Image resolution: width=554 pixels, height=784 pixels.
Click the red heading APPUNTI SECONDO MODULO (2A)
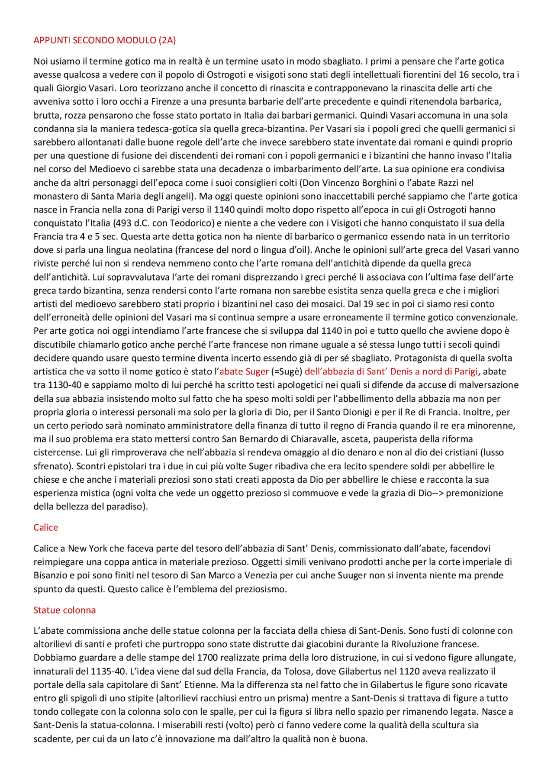[105, 40]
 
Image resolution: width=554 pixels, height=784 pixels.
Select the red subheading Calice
[45, 527]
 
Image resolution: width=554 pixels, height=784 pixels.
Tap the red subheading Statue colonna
[64, 610]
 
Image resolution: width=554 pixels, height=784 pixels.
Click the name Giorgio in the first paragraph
[71, 88]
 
